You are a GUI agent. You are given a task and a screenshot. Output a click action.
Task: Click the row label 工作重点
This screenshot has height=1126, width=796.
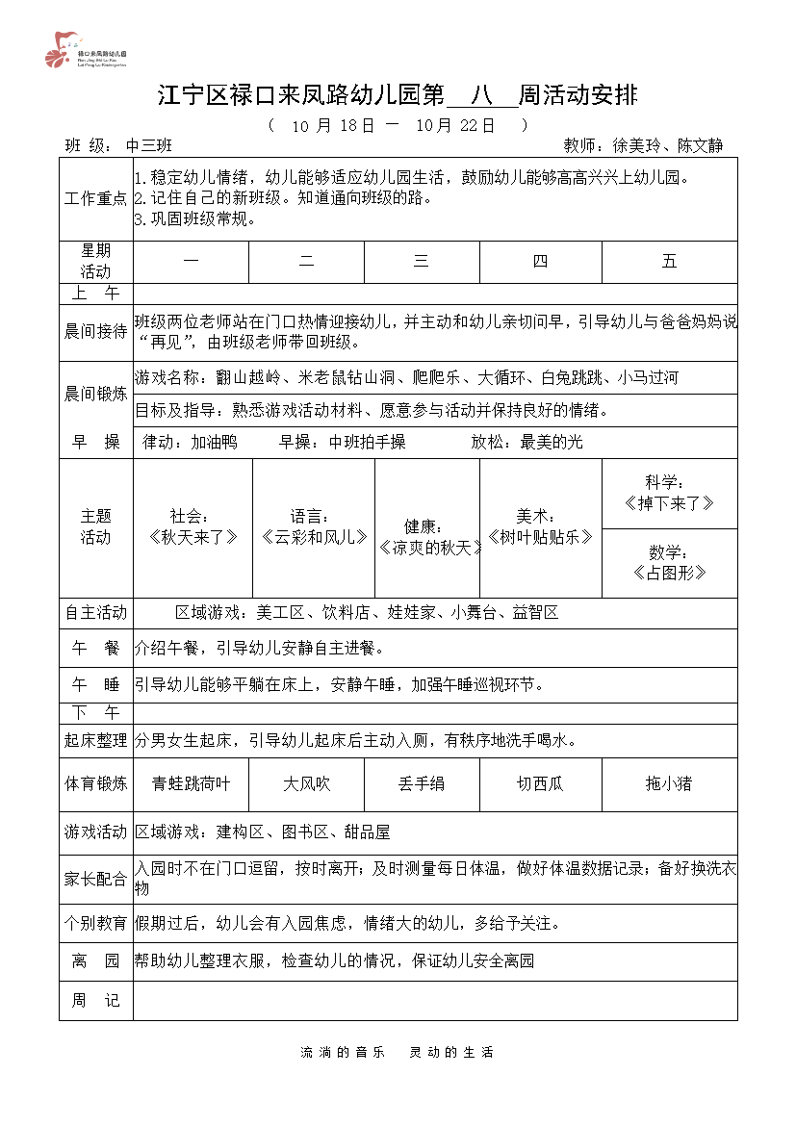tap(95, 198)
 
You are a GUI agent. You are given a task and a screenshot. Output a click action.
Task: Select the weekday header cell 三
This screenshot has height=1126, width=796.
tap(421, 262)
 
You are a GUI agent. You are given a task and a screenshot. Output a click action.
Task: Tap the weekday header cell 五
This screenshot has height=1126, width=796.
tap(669, 262)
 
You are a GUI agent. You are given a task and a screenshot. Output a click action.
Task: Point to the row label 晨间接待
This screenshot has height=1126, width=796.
tap(95, 332)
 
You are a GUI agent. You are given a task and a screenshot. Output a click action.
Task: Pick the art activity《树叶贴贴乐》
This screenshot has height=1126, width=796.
tap(540, 537)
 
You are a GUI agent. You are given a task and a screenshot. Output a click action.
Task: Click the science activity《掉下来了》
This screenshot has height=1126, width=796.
tap(669, 503)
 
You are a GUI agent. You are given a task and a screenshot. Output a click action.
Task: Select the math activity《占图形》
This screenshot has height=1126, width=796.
tap(669, 573)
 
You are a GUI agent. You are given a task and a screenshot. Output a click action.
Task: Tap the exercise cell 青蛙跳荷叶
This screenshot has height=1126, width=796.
tap(191, 784)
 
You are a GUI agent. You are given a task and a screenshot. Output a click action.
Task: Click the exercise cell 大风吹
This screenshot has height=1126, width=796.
tap(306, 784)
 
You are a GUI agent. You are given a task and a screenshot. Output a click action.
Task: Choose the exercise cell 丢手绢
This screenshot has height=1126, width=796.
tap(421, 784)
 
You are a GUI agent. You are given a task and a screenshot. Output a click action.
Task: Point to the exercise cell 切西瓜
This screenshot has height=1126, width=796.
tap(540, 784)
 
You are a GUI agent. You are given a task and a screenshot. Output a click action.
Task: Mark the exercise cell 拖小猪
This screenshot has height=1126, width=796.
tap(669, 784)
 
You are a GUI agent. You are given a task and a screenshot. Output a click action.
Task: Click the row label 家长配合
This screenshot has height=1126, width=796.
tap(95, 879)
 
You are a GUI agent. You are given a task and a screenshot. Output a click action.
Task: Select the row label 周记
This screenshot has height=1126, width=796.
tap(95, 1001)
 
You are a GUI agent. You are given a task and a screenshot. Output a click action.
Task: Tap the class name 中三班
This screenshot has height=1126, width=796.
tap(149, 146)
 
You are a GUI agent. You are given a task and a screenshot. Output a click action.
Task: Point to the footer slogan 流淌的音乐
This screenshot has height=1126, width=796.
tap(343, 1052)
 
